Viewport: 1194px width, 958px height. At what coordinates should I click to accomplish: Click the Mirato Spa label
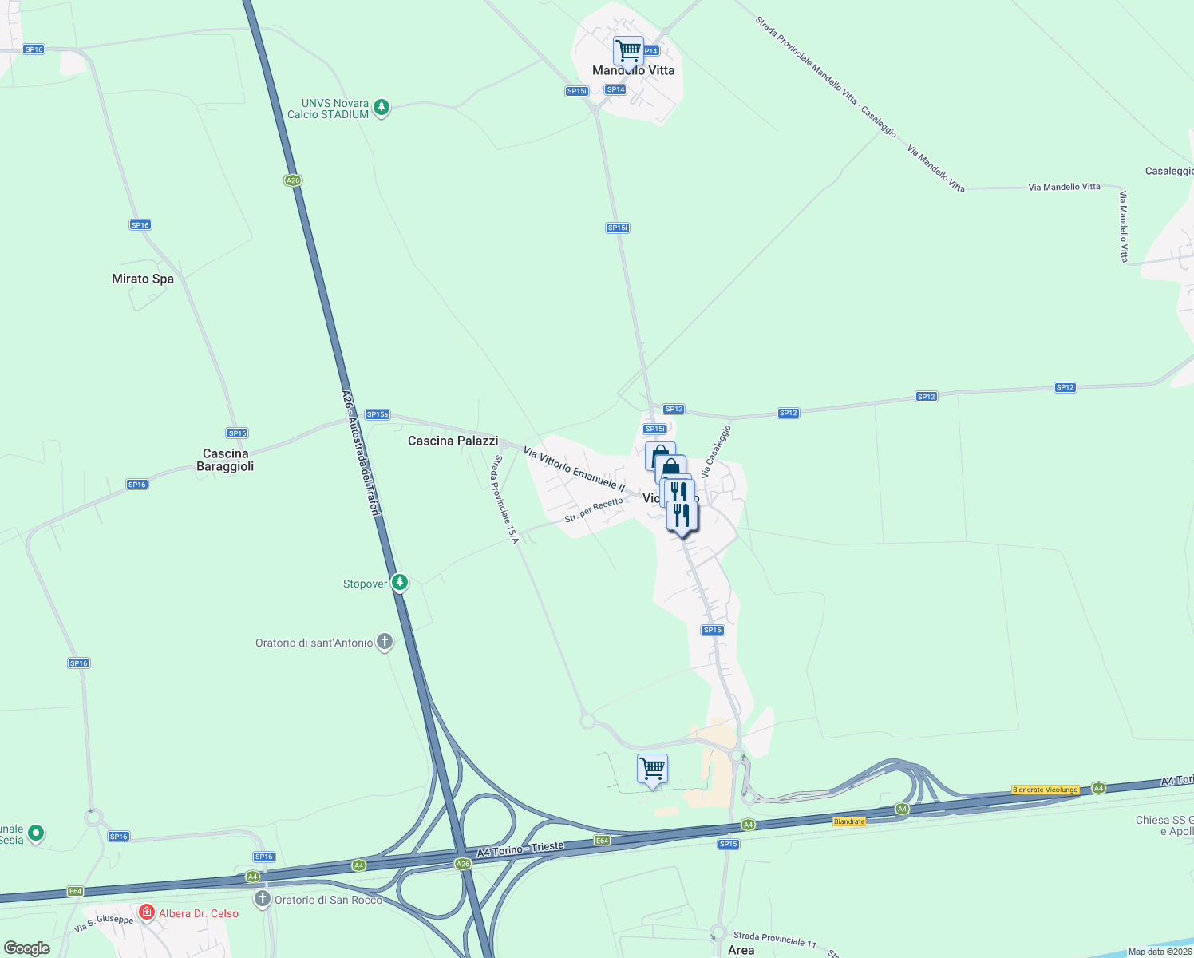click(142, 279)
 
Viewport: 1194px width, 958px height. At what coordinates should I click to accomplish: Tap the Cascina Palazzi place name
click(453, 441)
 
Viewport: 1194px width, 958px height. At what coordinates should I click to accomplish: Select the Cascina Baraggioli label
click(225, 460)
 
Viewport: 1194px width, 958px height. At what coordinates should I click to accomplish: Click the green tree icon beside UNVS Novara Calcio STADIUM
click(382, 107)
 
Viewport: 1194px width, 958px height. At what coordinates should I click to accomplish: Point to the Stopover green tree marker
click(400, 583)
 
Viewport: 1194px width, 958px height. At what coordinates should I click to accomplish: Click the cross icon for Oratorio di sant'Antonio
click(385, 642)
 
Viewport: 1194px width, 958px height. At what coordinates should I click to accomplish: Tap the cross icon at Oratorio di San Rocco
click(262, 899)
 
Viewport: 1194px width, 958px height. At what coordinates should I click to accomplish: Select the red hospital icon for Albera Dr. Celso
click(146, 912)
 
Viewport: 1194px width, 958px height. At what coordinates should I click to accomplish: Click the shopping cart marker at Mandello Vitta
click(628, 50)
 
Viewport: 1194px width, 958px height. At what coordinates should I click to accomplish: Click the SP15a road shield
click(378, 414)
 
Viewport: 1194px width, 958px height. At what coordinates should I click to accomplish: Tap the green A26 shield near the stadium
click(293, 180)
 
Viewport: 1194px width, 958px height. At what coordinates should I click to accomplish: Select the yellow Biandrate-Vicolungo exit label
click(1045, 790)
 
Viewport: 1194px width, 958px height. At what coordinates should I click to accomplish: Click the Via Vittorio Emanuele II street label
click(574, 469)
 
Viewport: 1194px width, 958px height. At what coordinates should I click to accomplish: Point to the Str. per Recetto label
click(593, 510)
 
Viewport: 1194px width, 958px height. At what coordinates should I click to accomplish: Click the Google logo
click(27, 948)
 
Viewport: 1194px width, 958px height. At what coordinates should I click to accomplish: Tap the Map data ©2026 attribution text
click(1160, 952)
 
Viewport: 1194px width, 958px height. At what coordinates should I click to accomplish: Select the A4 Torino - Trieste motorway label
click(520, 849)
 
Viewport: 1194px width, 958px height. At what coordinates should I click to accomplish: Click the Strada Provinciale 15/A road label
click(506, 500)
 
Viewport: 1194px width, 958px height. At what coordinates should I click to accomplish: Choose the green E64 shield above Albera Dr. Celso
click(76, 891)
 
